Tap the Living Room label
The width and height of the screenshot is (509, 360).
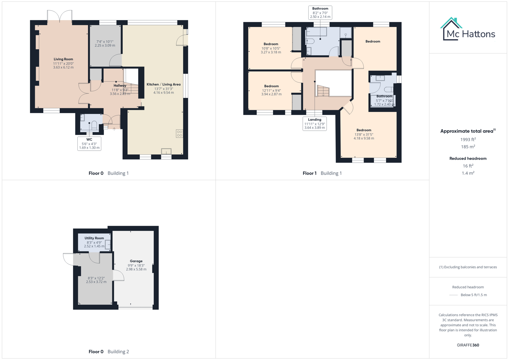[63, 59]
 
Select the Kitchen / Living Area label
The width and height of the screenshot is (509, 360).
[163, 84]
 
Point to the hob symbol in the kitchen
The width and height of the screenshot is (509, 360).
[179, 134]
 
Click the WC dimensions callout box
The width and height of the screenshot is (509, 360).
[89, 144]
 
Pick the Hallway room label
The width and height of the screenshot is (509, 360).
[120, 86]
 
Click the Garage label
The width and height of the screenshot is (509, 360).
[136, 261]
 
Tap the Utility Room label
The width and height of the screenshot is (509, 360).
[94, 238]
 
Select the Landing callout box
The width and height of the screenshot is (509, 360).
[314, 124]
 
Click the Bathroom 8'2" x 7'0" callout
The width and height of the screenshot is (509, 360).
[320, 13]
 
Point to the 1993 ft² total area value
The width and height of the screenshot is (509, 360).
[468, 139]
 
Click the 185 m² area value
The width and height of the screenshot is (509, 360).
[468, 147]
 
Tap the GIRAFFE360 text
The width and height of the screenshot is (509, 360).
[468, 345]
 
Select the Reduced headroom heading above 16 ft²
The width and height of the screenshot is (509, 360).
[468, 158]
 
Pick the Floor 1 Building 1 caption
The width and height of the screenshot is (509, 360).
[322, 173]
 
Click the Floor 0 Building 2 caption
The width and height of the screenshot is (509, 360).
[109, 351]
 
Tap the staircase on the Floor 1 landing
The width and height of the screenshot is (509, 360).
[323, 91]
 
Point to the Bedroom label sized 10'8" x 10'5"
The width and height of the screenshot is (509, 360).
[271, 44]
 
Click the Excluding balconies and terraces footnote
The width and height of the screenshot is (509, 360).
[468, 267]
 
